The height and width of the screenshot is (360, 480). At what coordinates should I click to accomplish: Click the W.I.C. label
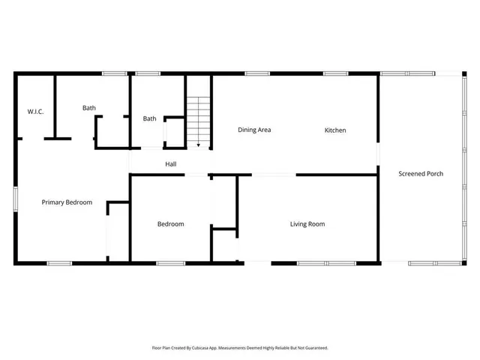pyautogui.click(x=35, y=112)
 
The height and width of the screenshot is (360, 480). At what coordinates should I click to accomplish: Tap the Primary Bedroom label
pyautogui.click(x=67, y=202)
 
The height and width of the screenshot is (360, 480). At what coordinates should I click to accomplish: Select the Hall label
pyautogui.click(x=171, y=163)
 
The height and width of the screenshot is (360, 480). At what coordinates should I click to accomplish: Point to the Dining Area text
pyautogui.click(x=254, y=130)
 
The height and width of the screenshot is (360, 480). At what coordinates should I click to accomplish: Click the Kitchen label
pyautogui.click(x=335, y=130)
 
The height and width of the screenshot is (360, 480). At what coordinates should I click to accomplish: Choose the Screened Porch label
pyautogui.click(x=421, y=173)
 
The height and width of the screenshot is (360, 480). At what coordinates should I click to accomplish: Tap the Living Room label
pyautogui.click(x=307, y=223)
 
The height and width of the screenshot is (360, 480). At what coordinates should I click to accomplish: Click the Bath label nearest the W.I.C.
pyautogui.click(x=89, y=108)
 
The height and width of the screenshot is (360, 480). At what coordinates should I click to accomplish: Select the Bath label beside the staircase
pyautogui.click(x=150, y=118)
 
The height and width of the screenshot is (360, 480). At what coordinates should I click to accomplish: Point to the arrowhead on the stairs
pyautogui.click(x=198, y=143)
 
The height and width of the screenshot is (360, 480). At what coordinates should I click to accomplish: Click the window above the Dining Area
pyautogui.click(x=257, y=73)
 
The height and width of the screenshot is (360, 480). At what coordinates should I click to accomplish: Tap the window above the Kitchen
pyautogui.click(x=335, y=73)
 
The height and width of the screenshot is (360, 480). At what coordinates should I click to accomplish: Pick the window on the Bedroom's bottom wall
pyautogui.click(x=171, y=263)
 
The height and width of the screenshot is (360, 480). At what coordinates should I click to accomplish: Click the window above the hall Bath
pyautogui.click(x=148, y=73)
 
